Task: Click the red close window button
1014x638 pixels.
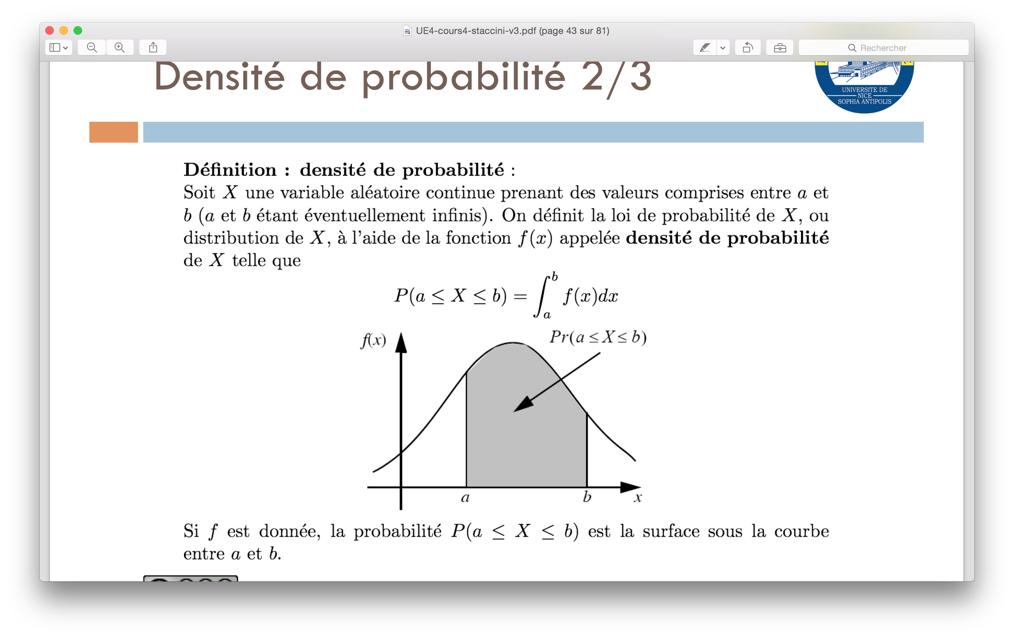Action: click(x=50, y=30)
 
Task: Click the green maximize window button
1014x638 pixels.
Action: click(x=78, y=30)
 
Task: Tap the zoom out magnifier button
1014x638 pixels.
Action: click(x=92, y=47)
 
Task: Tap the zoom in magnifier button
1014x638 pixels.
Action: click(x=120, y=47)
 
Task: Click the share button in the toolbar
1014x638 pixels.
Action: click(x=153, y=47)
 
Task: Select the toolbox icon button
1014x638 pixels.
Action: click(x=780, y=47)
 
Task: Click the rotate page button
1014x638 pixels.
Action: click(x=748, y=47)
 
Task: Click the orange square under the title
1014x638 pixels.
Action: click(x=113, y=132)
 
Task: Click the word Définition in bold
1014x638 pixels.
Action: click(x=230, y=170)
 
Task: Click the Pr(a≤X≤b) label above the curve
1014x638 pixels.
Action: click(x=598, y=337)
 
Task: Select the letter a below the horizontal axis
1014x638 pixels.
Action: click(x=465, y=498)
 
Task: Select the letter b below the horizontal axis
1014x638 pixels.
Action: click(x=587, y=497)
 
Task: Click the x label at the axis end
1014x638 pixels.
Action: click(x=638, y=498)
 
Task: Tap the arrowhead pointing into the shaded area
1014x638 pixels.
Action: click(x=523, y=404)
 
